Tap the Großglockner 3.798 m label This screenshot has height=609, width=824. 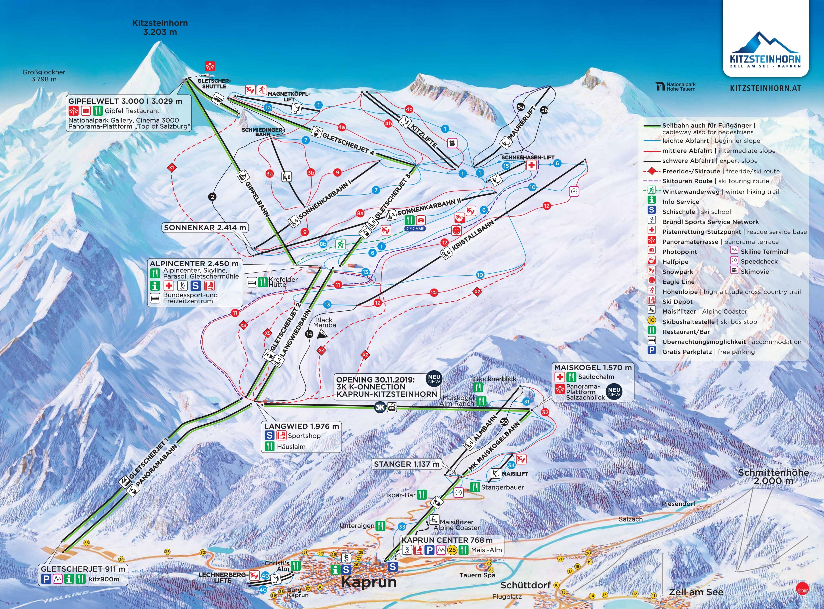pyautogui.click(x=44, y=76)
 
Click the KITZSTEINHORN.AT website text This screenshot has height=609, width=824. pyautogui.click(x=765, y=88)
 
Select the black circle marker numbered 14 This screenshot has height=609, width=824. pyautogui.click(x=309, y=334)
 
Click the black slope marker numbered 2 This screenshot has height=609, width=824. pyautogui.click(x=212, y=197)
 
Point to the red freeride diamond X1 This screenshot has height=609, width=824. pyautogui.click(x=172, y=168)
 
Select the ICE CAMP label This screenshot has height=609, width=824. pyautogui.click(x=415, y=228)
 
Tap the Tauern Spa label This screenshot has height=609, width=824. pyautogui.click(x=477, y=575)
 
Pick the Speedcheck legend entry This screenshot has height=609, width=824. pyautogui.click(x=759, y=261)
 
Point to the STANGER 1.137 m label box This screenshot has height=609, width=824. pyautogui.click(x=406, y=464)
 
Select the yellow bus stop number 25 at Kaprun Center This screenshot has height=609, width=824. pyautogui.click(x=452, y=550)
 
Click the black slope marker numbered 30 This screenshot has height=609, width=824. pyautogui.click(x=504, y=422)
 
